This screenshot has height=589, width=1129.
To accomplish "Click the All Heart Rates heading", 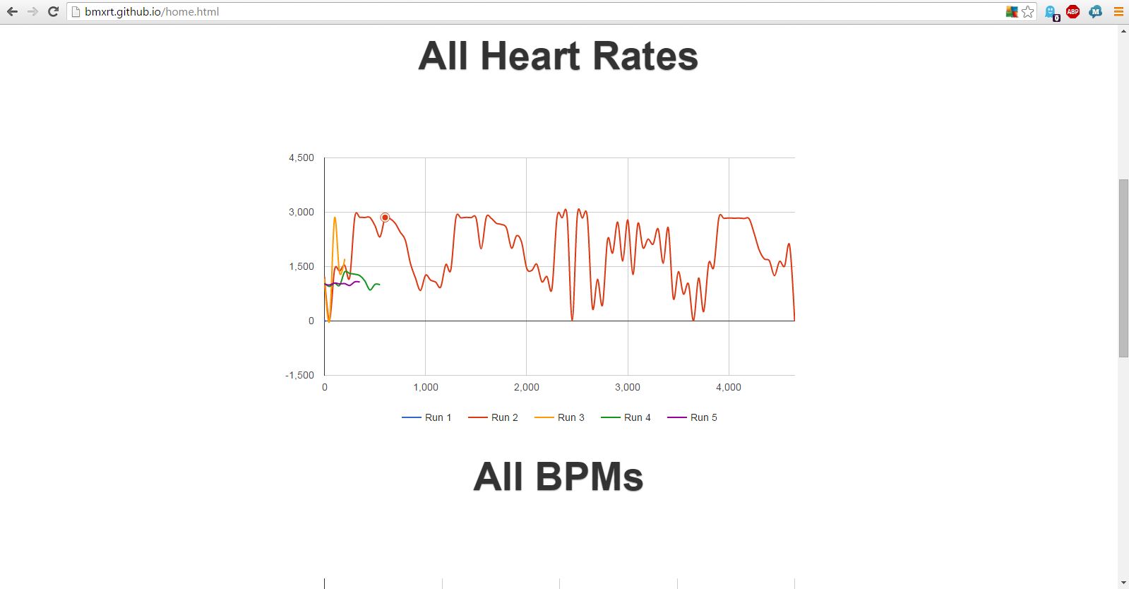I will click(558, 56).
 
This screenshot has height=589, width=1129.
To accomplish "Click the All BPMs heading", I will click(558, 477).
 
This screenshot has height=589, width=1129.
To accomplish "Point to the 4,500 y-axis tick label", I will click(301, 157).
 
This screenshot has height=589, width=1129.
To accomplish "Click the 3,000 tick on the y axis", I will click(301, 212).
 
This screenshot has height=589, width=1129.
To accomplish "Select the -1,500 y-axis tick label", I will click(300, 375).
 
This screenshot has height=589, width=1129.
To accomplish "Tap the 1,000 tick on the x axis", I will click(426, 387).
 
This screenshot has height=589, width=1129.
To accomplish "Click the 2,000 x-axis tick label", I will click(527, 387).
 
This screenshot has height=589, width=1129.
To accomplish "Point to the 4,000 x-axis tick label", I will click(729, 387).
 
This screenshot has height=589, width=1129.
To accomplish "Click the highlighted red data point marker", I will click(385, 218).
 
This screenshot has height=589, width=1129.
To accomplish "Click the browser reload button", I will click(53, 11).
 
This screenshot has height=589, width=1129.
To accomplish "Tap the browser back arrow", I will click(12, 11).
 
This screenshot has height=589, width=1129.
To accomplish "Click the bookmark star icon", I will click(1028, 11).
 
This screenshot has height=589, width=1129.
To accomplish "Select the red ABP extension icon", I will click(1073, 11).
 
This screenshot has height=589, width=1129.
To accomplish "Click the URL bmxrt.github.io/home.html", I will click(152, 11).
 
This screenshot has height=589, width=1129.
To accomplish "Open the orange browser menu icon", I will click(1118, 11).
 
